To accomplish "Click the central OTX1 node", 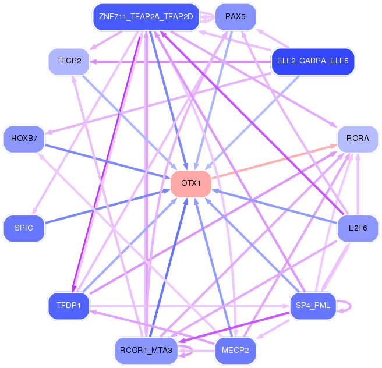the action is pyautogui.click(x=191, y=183).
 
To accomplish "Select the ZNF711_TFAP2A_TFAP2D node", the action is pyautogui.click(x=146, y=17).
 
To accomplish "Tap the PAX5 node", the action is pyautogui.click(x=235, y=17).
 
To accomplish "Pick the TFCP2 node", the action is pyautogui.click(x=69, y=61).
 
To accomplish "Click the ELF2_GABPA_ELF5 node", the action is pyautogui.click(x=313, y=61).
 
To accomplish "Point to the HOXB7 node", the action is pyautogui.click(x=24, y=139).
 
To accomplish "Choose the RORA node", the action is pyautogui.click(x=358, y=139).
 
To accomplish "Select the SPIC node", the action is pyautogui.click(x=24, y=228).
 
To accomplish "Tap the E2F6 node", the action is pyautogui.click(x=358, y=228).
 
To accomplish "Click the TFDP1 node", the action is pyautogui.click(x=69, y=306).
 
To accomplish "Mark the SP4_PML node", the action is pyautogui.click(x=313, y=306).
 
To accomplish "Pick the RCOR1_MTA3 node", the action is pyautogui.click(x=146, y=351).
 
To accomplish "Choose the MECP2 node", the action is pyautogui.click(x=235, y=351).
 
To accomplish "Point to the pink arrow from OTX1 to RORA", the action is pyautogui.click(x=275, y=161).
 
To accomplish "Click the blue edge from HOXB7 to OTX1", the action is pyautogui.click(x=107, y=161).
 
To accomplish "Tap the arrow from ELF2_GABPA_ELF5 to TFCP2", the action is pyautogui.click(x=181, y=62).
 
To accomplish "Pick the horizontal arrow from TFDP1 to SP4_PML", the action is pyautogui.click(x=190, y=306).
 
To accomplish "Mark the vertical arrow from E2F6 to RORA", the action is pyautogui.click(x=358, y=184).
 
